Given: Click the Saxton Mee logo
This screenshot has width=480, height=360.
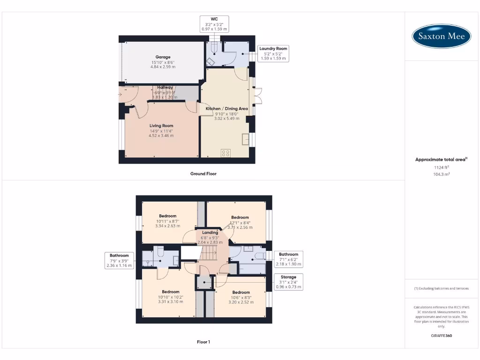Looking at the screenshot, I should (441, 36).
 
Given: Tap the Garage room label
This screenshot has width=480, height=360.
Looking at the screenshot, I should (163, 57).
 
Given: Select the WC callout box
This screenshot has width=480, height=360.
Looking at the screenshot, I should (214, 24).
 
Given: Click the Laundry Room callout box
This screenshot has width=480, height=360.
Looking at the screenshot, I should (273, 53).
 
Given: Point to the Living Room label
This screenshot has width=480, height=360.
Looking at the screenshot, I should (161, 126).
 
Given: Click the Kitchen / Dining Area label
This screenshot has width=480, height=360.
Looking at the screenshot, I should (227, 108).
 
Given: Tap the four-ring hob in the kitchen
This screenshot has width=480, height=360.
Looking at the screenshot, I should (225, 153).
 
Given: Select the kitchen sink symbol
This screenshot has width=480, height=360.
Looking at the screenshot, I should (246, 139).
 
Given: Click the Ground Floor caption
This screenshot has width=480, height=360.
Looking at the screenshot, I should (203, 174).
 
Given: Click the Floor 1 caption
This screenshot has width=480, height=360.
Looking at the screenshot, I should (203, 342).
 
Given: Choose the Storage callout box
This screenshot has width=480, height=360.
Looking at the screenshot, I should (288, 282).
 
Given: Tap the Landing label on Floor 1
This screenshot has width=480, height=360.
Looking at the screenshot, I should (210, 232).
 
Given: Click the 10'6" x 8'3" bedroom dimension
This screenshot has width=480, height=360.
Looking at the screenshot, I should (241, 298).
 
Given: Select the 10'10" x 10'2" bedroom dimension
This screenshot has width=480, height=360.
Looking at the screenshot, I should (167, 297).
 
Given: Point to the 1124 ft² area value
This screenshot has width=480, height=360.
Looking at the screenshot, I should (441, 167).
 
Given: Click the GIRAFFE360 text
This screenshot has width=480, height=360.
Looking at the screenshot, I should (441, 336).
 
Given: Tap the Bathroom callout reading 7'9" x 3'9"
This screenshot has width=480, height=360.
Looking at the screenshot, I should (119, 260).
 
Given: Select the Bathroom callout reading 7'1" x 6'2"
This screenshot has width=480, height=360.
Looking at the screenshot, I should (288, 259).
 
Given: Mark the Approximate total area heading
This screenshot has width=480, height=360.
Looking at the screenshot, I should (441, 160).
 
